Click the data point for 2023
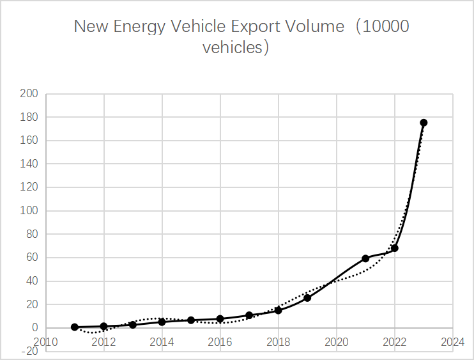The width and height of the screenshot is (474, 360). [424, 123]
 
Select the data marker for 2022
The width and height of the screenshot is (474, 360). [395, 248]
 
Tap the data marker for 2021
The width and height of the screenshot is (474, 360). [365, 258]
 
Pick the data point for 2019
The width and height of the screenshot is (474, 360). [307, 298]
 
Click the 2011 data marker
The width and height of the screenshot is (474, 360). [75, 327]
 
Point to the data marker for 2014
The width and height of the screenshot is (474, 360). [162, 322]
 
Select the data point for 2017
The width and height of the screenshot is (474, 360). [249, 315]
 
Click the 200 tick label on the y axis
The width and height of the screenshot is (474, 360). [29, 94]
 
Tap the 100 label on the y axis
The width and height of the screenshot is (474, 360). [29, 211]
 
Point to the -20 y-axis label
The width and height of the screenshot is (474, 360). [28, 351]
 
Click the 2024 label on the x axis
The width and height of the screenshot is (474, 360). [453, 341]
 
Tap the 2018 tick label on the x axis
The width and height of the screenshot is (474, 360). [279, 341]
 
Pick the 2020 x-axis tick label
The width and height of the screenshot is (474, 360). [337, 341]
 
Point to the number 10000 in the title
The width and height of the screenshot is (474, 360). [382, 27]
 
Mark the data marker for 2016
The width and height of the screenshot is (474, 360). [220, 318]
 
